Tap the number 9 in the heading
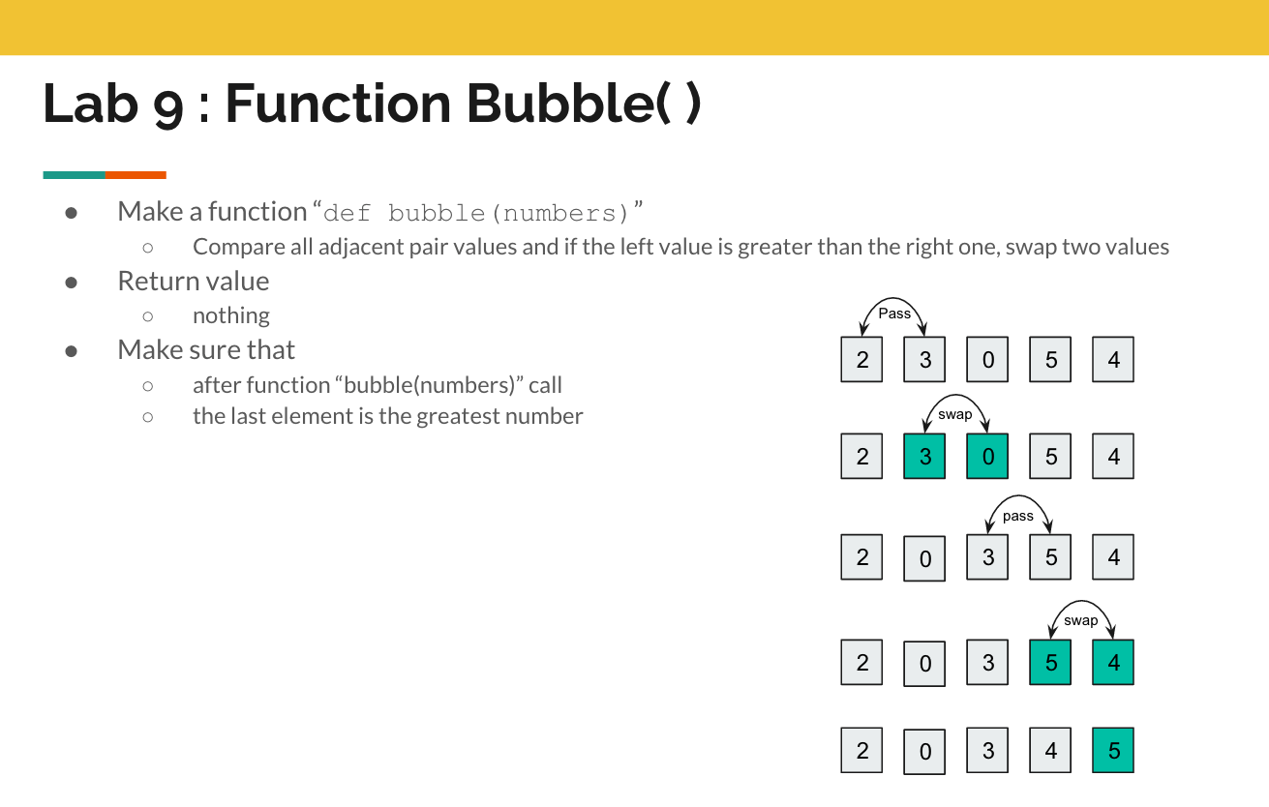click(168, 107)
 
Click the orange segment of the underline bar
click(136, 175)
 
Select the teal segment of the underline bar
click(75, 175)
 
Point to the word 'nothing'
click(231, 315)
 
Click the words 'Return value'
click(194, 281)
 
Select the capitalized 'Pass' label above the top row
click(894, 314)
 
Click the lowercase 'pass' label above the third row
click(1018, 517)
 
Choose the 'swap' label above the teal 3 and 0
click(955, 414)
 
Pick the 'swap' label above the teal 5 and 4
click(1081, 620)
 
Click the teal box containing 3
click(924, 457)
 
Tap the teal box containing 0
click(987, 457)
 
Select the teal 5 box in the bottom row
click(1113, 750)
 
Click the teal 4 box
click(1113, 663)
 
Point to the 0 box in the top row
click(987, 360)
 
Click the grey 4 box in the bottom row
click(1050, 750)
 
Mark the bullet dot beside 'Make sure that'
click(72, 351)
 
